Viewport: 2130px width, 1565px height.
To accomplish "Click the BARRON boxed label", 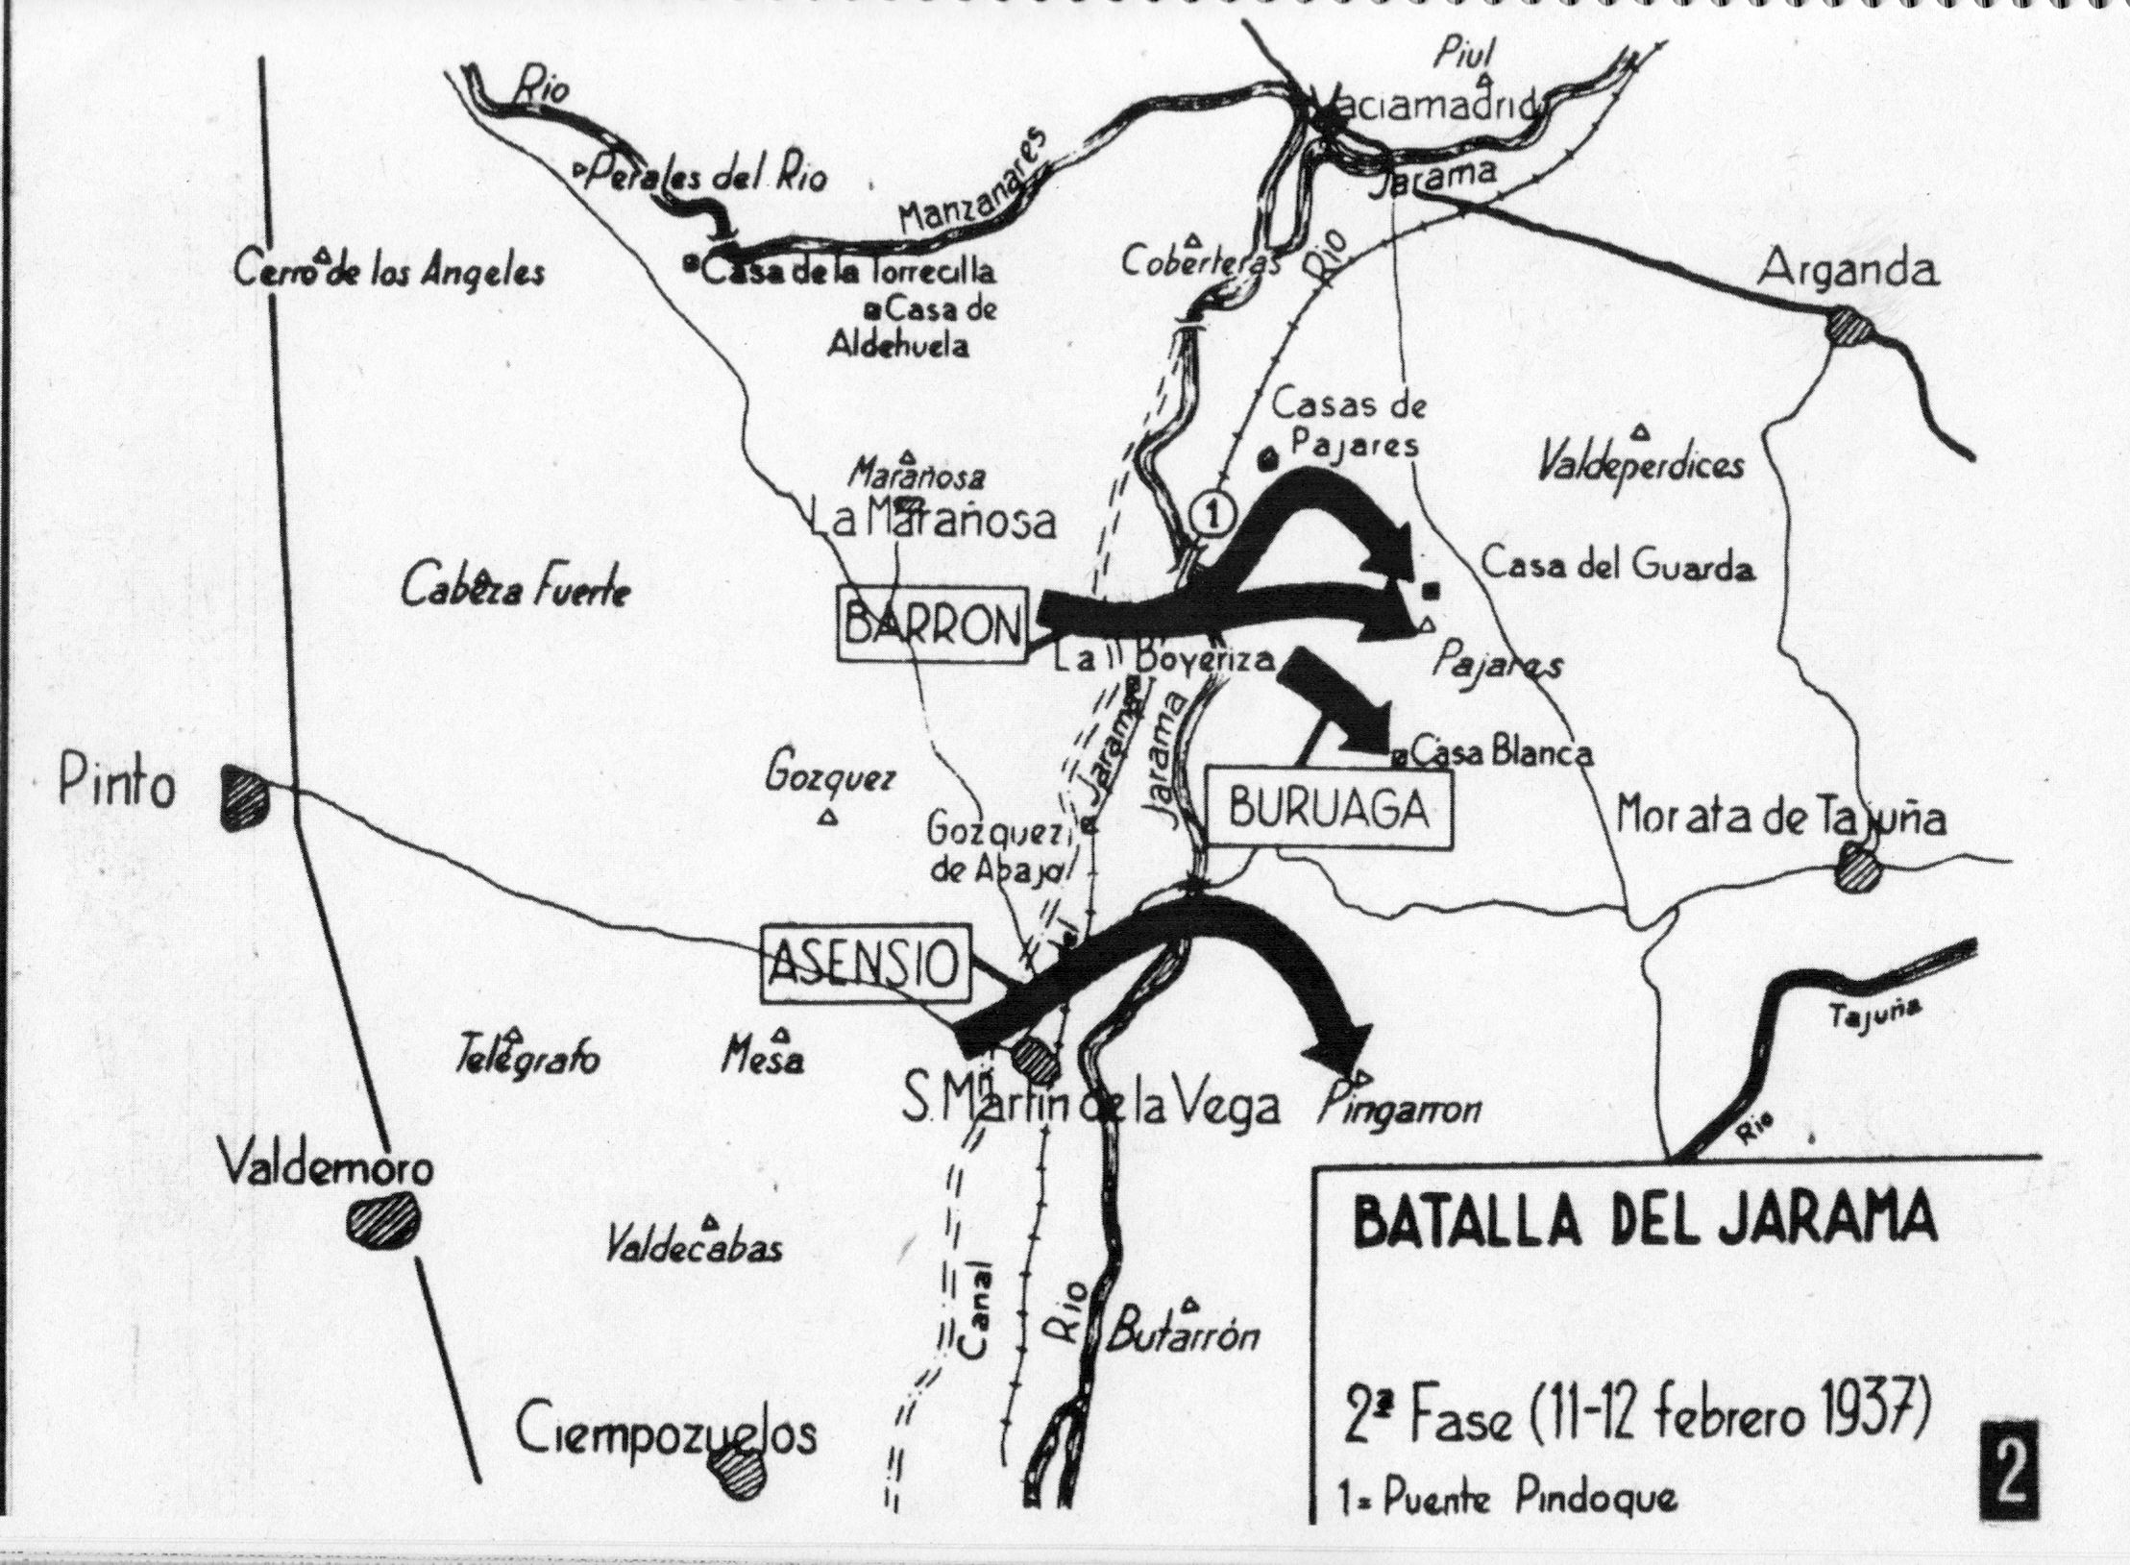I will [933, 624].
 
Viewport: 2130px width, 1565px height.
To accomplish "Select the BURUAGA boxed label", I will [1329, 812].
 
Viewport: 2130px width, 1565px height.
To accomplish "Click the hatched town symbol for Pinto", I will [245, 796].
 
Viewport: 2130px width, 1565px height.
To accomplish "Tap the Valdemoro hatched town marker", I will [384, 1222].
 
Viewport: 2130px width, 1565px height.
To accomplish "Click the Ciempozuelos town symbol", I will [742, 1496].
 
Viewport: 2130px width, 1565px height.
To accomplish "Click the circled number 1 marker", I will [1212, 513].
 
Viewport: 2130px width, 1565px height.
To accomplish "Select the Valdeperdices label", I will [1641, 466].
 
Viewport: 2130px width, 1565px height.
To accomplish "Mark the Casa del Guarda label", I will [1618, 567].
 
